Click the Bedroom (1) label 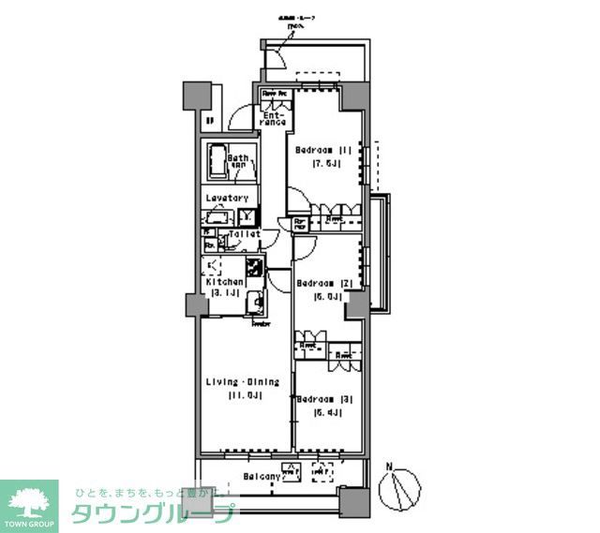click(322, 150)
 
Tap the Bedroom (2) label click(322, 283)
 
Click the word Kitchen click(225, 282)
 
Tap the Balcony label click(258, 477)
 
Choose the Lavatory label click(228, 198)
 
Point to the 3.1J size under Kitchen click(225, 293)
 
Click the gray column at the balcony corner click(352, 507)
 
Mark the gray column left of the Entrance click(195, 96)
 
